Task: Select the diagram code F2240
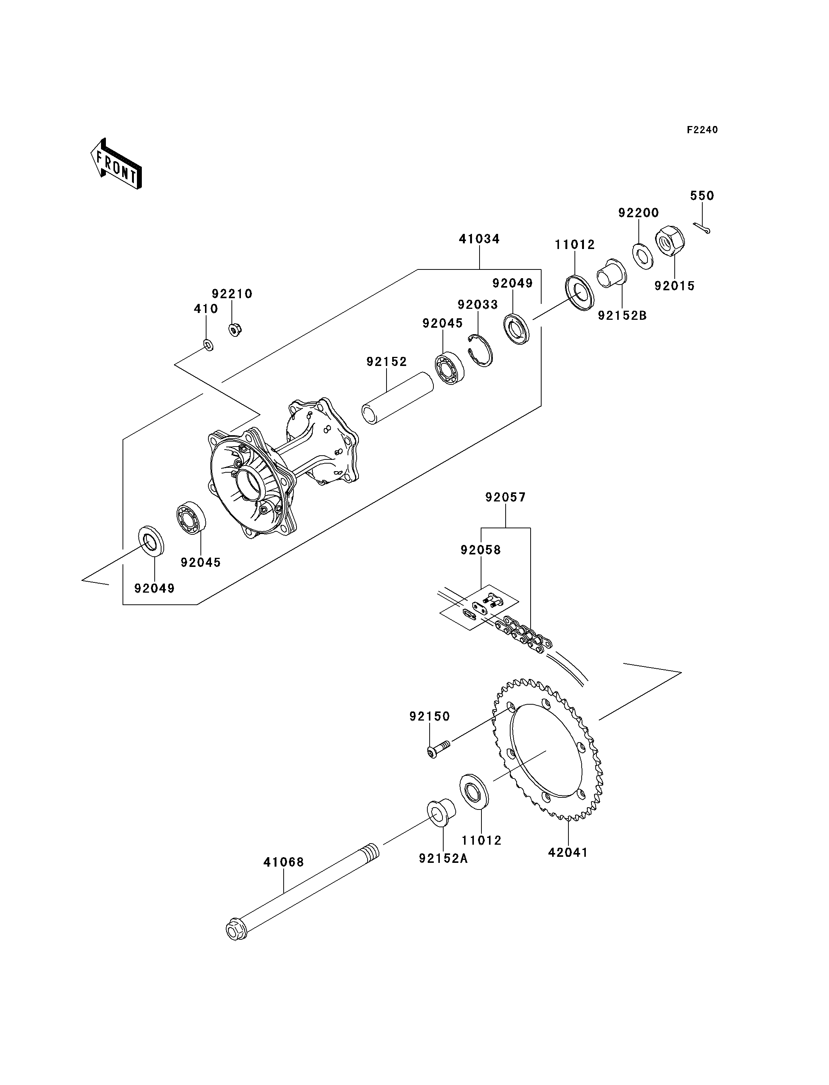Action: [703, 130]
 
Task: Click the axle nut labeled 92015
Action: [670, 242]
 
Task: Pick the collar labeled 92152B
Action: [612, 274]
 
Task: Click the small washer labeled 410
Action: [208, 345]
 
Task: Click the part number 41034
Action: [479, 239]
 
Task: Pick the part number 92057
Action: [506, 497]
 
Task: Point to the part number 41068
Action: [284, 862]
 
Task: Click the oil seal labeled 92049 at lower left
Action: [150, 541]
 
